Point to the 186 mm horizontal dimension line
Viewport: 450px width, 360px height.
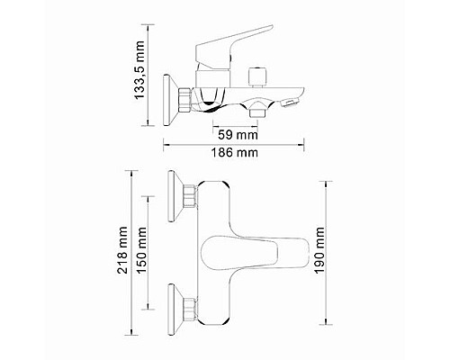click(x=230, y=143)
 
